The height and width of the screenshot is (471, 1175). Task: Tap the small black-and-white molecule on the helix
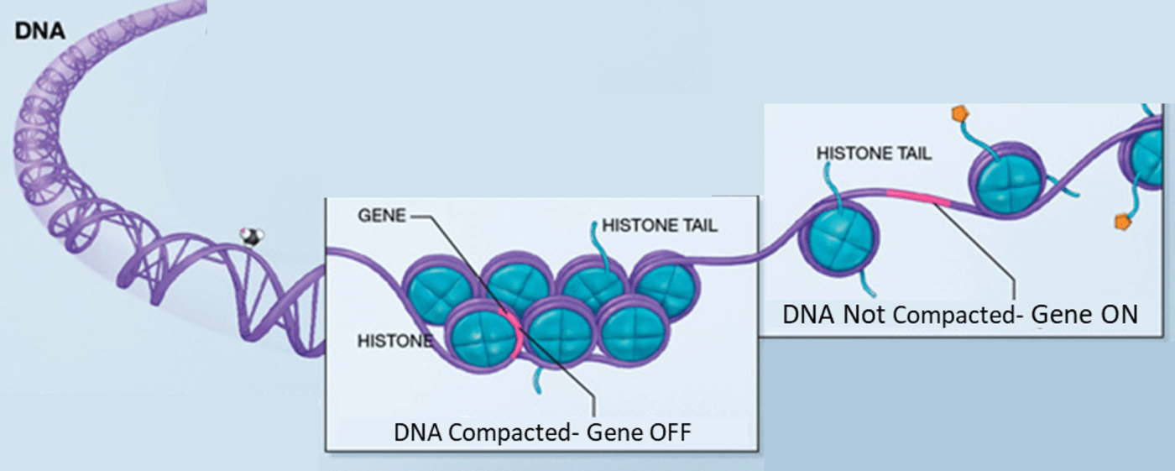point(249,237)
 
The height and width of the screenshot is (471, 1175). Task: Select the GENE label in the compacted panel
point(381,215)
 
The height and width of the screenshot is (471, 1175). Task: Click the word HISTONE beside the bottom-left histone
point(394,342)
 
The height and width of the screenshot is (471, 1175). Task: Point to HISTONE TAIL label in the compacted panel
point(661,225)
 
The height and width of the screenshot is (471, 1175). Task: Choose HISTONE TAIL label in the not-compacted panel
point(874,154)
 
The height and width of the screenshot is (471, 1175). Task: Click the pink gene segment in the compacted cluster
point(511,332)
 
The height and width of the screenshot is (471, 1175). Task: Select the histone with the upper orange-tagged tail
point(1007,180)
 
